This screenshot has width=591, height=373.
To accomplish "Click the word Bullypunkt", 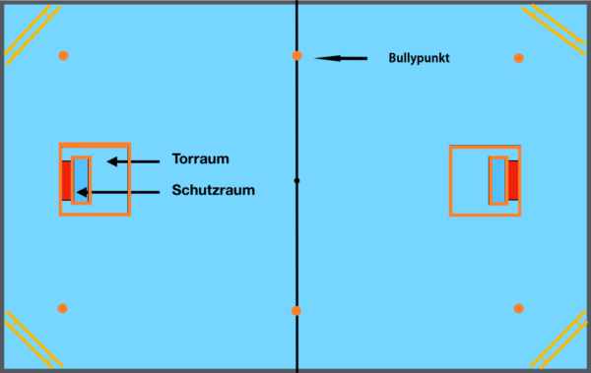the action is click(x=419, y=58).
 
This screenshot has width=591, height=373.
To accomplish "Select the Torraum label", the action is click(x=201, y=159).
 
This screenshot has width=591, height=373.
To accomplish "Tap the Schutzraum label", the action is click(x=214, y=190).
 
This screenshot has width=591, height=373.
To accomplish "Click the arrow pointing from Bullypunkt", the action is click(x=341, y=58).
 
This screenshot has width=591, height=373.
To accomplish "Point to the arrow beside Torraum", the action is click(x=133, y=161).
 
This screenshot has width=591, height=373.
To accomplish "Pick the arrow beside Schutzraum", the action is click(x=118, y=192).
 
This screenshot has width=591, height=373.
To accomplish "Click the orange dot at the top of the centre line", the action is click(x=297, y=56).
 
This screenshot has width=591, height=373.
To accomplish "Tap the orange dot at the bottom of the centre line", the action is click(x=296, y=311).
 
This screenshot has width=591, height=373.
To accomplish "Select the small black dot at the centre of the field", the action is click(x=297, y=181).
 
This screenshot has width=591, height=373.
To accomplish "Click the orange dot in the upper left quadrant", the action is click(x=63, y=56).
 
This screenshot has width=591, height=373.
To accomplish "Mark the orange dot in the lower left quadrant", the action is click(x=63, y=309).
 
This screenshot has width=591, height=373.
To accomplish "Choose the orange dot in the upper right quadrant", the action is click(x=519, y=58).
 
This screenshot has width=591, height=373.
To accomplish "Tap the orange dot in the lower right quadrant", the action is click(x=519, y=309).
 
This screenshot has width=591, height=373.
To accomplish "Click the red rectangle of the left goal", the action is click(x=67, y=180).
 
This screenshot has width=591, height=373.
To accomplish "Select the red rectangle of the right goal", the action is click(x=513, y=180).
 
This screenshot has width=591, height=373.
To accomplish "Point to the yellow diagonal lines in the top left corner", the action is click(x=33, y=34).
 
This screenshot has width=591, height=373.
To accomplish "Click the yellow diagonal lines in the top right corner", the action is click(x=555, y=30).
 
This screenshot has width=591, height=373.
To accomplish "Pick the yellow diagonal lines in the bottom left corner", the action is click(x=33, y=340).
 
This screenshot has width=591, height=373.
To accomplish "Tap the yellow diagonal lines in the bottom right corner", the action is click(x=558, y=340).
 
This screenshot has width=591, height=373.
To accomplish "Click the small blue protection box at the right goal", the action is click(x=498, y=181).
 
